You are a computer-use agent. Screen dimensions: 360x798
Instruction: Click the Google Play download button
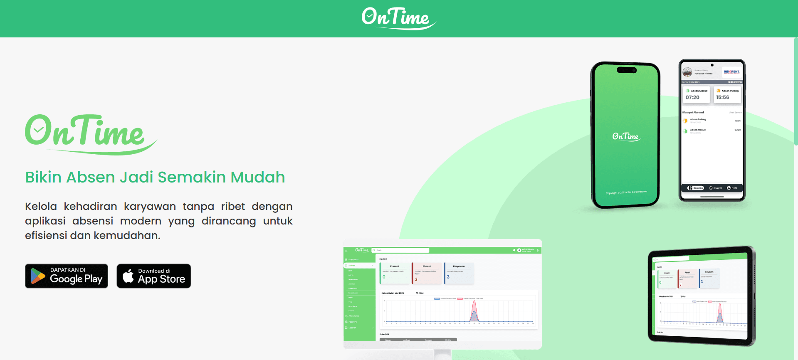pyautogui.click(x=67, y=276)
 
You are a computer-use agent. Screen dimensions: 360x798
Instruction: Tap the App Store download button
pyautogui.click(x=154, y=276)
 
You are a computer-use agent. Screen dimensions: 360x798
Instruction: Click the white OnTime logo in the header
pyautogui.click(x=398, y=18)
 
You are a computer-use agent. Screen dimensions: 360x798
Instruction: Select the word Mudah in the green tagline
pyautogui.click(x=258, y=177)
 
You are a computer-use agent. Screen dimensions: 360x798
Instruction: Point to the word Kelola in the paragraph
pyautogui.click(x=41, y=207)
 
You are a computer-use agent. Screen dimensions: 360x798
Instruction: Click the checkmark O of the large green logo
pyautogui.click(x=39, y=130)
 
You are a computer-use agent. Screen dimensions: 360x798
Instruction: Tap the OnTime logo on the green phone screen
pyautogui.click(x=626, y=136)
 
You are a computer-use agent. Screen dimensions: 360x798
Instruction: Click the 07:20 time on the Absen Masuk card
pyautogui.click(x=692, y=97)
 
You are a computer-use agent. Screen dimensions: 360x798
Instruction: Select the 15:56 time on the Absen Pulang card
pyautogui.click(x=722, y=97)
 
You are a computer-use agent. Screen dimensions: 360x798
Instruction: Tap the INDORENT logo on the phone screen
pyautogui.click(x=731, y=72)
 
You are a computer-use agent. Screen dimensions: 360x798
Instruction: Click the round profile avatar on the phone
pyautogui.click(x=687, y=72)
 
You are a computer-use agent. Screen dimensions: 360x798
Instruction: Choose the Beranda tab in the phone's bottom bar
pyautogui.click(x=696, y=188)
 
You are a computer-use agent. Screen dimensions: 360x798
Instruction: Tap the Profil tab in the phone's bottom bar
pyautogui.click(x=732, y=188)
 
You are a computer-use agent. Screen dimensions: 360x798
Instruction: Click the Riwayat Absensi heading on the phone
pyautogui.click(x=693, y=112)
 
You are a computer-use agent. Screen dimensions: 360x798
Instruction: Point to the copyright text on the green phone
pyautogui.click(x=626, y=192)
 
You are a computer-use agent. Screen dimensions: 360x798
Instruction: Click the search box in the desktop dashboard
pyautogui.click(x=400, y=250)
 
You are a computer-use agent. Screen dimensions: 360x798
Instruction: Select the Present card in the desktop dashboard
pyautogui.click(x=395, y=273)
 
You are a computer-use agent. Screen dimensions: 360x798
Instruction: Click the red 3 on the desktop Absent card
pyautogui.click(x=416, y=279)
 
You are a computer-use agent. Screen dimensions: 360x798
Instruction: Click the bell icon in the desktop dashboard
pyautogui.click(x=514, y=250)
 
